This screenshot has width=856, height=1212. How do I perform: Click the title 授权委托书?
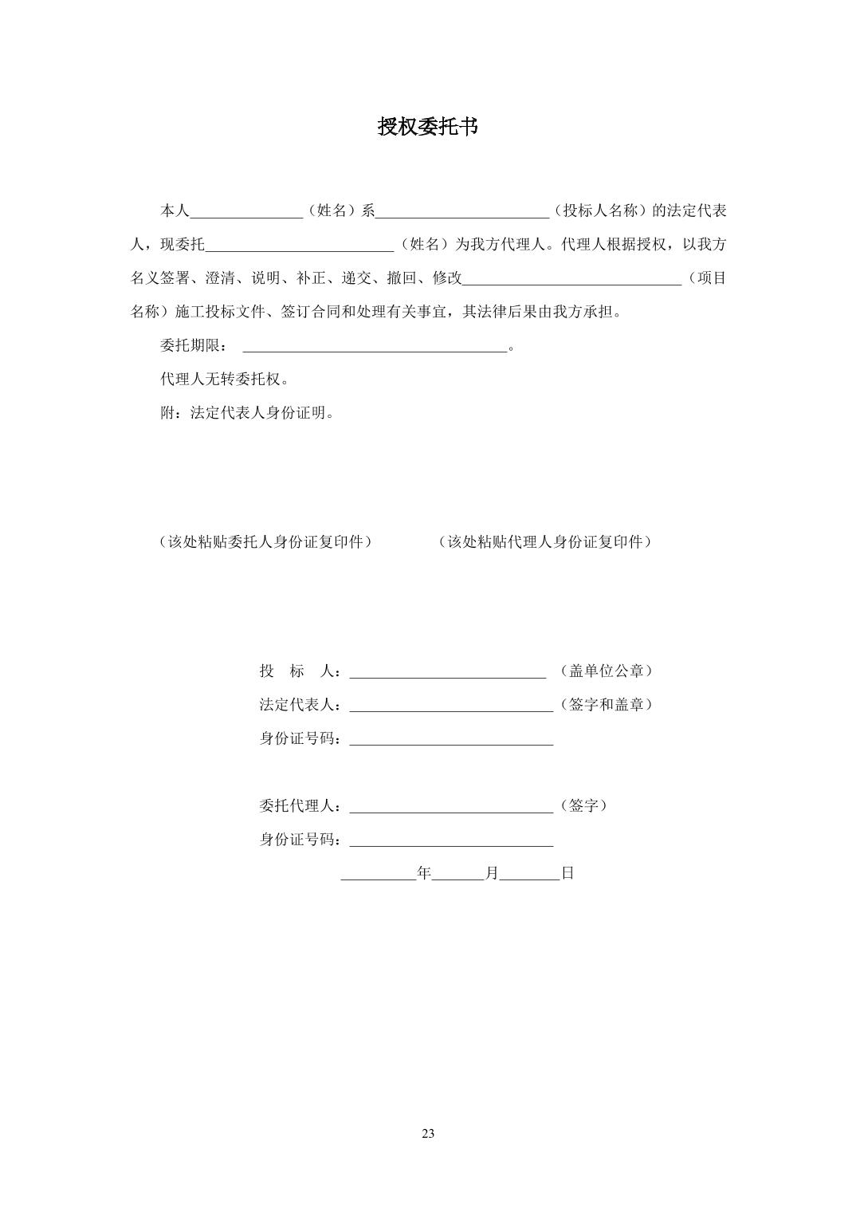(427, 127)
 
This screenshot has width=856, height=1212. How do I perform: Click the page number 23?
(428, 1134)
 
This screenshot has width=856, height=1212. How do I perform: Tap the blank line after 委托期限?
(375, 348)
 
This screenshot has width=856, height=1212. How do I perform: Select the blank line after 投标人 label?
(447, 675)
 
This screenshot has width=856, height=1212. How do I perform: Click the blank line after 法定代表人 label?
(450, 708)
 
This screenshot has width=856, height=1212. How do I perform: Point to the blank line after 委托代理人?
(450, 809)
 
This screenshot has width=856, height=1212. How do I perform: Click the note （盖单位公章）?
(606, 671)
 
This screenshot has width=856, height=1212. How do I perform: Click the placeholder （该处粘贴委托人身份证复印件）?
(265, 542)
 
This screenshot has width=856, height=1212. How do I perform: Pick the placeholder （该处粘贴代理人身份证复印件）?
(545, 542)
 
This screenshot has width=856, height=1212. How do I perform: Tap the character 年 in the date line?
(424, 873)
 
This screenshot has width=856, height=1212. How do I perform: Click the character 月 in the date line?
(492, 873)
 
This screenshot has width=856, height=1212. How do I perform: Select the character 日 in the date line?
(567, 873)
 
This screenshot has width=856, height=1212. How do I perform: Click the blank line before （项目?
(571, 281)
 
